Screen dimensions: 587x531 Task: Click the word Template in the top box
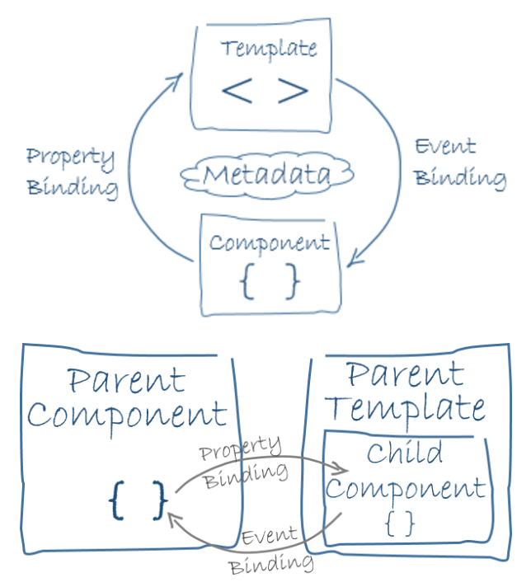tap(268, 48)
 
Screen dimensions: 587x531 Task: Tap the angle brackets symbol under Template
tap(265, 91)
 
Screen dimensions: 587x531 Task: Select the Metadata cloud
tap(267, 175)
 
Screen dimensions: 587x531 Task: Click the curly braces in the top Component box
tap(269, 283)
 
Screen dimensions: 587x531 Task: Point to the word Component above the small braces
tap(269, 244)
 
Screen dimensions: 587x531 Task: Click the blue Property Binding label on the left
tap(71, 172)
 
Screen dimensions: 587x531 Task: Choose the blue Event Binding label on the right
tap(458, 162)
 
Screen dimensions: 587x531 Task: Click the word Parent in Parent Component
tap(126, 381)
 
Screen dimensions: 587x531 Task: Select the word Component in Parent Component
tap(126, 415)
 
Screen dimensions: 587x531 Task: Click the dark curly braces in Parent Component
tap(138, 500)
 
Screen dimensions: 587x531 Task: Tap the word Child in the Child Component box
tap(405, 453)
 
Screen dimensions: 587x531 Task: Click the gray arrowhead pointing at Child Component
tap(341, 469)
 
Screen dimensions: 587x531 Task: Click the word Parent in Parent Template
tap(404, 375)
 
